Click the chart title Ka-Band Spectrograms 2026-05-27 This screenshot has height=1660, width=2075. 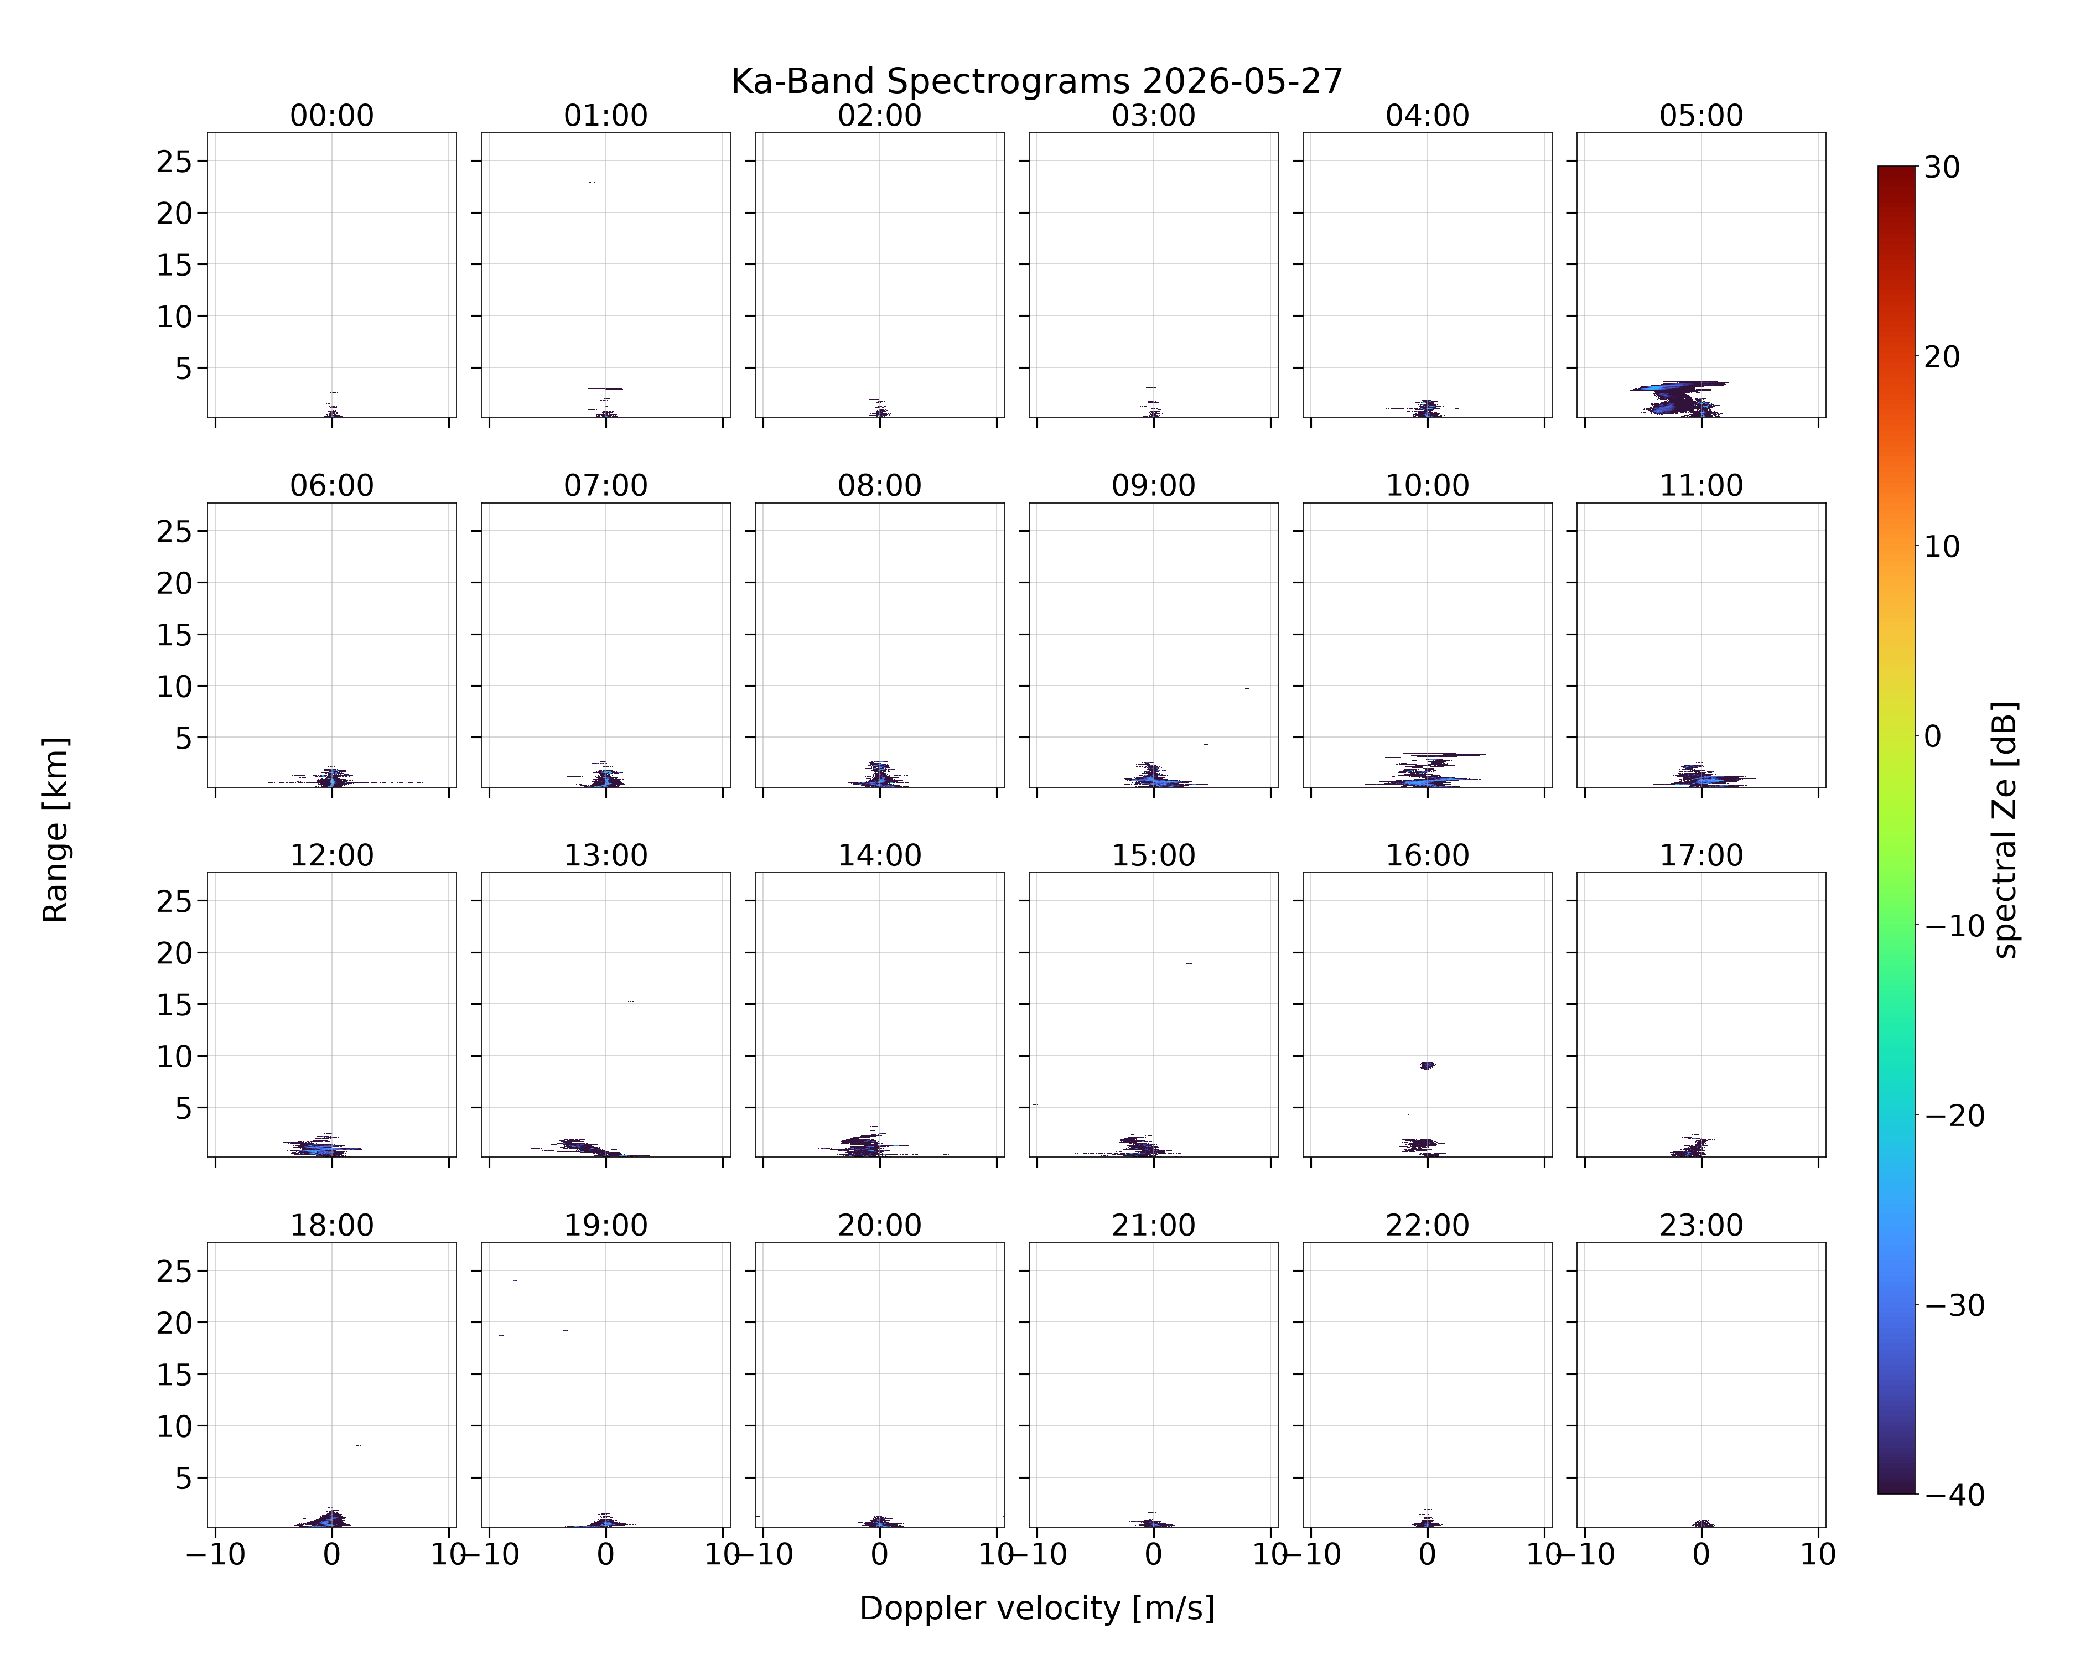pos(1036,82)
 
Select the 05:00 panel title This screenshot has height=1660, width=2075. pos(1700,116)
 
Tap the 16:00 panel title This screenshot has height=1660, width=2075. pos(1427,855)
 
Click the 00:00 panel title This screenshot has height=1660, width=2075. pos(332,116)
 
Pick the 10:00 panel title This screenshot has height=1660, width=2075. pos(1427,485)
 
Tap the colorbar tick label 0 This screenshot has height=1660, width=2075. pos(1933,736)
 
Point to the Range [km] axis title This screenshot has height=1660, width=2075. pos(56,829)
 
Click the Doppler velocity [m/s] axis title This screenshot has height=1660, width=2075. pos(1036,1608)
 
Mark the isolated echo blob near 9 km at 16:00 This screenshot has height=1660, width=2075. pos(1427,1065)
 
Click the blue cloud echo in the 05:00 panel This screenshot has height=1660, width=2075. pos(1679,397)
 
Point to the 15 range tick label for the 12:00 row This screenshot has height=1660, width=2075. pos(174,1005)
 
